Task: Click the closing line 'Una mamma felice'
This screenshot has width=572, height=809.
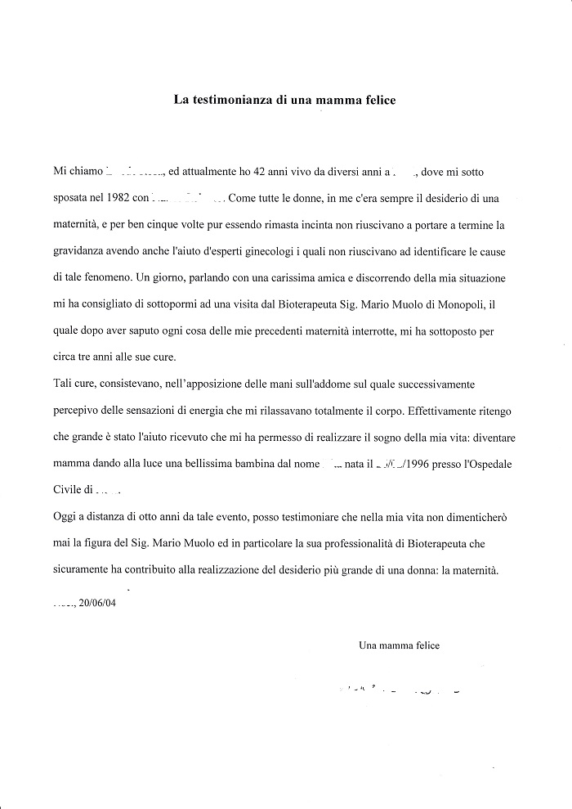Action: point(399,645)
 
